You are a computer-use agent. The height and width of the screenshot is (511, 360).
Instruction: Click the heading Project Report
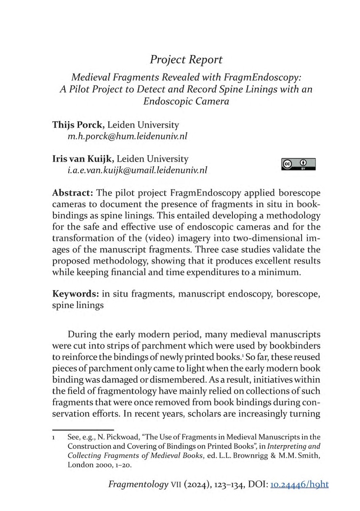coord(186,60)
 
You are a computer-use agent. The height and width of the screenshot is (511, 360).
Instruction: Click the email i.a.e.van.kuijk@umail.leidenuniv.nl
coord(137,170)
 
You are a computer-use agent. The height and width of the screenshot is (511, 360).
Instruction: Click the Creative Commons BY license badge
coord(298,164)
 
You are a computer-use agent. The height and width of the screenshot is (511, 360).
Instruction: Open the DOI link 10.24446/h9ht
coord(299,485)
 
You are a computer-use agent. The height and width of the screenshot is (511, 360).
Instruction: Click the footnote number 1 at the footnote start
coord(54,436)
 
